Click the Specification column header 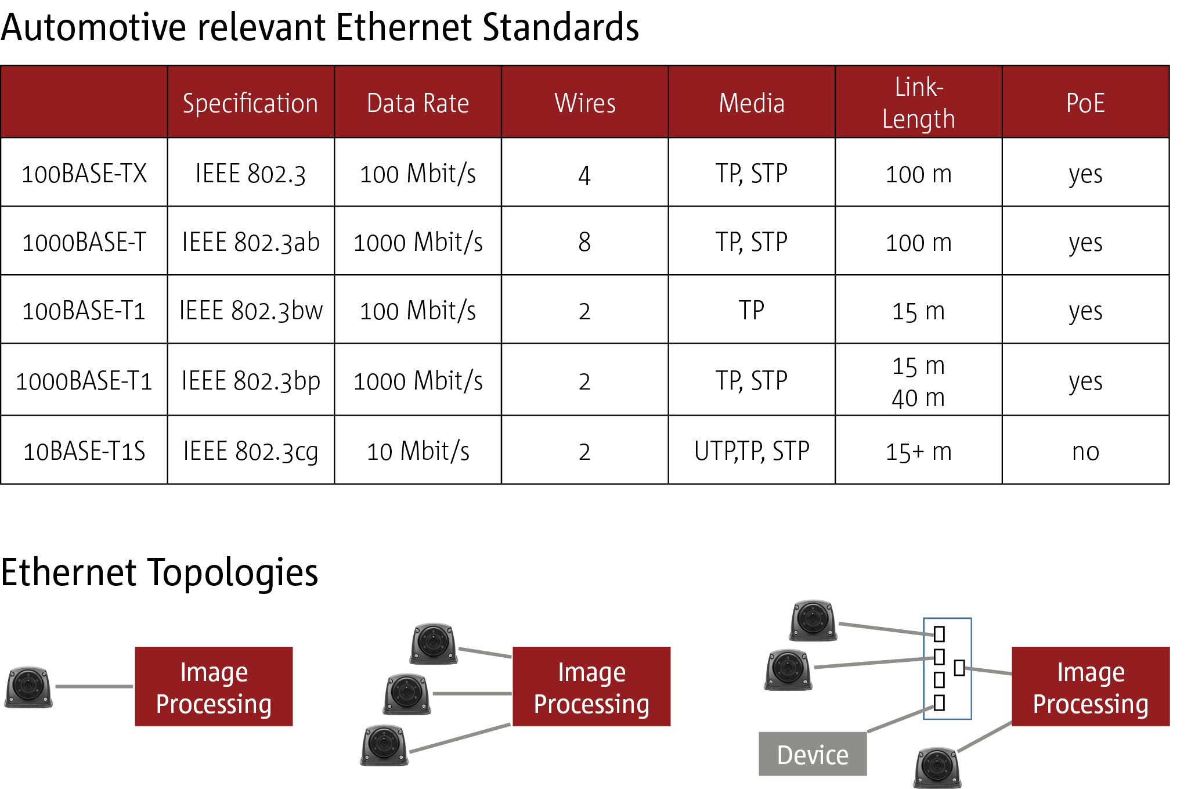(x=250, y=103)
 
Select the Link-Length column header (x=918, y=103)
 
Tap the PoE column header (x=1085, y=103)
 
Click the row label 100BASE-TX (x=84, y=174)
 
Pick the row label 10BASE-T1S (x=84, y=451)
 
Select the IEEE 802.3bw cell (x=251, y=311)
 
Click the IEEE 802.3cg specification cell (x=251, y=451)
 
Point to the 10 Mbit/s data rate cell (x=418, y=451)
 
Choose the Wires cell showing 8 (x=584, y=242)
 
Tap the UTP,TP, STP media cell (x=752, y=451)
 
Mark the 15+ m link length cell (x=918, y=452)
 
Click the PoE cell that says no (x=1085, y=452)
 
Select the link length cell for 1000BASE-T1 (x=918, y=381)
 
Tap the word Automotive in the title (x=93, y=28)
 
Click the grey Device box (x=813, y=754)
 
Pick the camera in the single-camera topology (x=29, y=687)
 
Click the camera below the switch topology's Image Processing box (x=937, y=767)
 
